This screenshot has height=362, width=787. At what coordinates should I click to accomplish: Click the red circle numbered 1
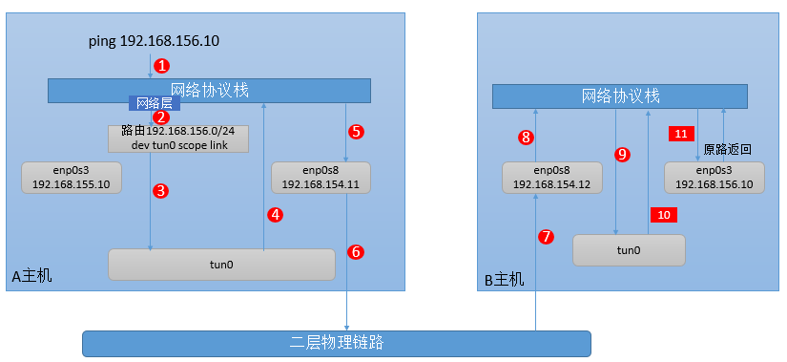[162, 66]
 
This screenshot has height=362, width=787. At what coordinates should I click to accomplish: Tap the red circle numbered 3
[161, 190]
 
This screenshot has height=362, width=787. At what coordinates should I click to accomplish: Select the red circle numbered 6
[356, 252]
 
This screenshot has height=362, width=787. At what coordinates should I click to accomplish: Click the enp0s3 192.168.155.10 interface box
[72, 178]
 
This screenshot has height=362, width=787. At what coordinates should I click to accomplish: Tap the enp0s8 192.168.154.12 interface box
[552, 178]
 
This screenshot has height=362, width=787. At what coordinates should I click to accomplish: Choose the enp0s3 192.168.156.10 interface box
[715, 178]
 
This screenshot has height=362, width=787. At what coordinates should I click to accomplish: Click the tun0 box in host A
[221, 265]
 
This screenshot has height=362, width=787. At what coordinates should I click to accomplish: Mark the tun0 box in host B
[629, 250]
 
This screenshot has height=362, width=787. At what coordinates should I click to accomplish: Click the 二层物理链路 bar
[336, 343]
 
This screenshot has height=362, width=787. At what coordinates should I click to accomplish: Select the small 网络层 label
[147, 101]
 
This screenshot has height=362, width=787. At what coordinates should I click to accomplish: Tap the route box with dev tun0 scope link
[178, 138]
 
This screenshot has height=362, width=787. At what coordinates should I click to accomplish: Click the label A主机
[32, 276]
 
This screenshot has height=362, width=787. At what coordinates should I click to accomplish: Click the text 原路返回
[728, 149]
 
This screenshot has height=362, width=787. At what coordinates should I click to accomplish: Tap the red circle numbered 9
[622, 154]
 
